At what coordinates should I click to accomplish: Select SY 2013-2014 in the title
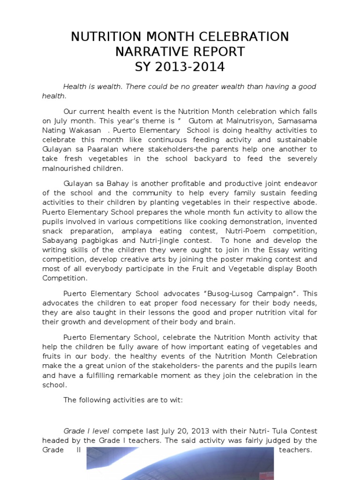click(x=180, y=67)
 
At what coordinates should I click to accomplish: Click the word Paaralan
click(x=107, y=149)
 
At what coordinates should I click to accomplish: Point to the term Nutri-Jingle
click(x=159, y=240)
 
